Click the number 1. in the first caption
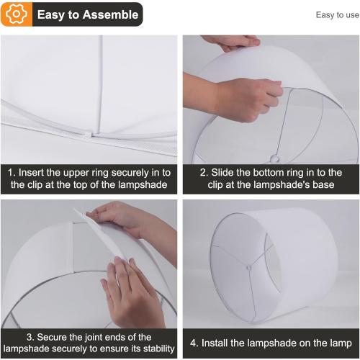[12, 173]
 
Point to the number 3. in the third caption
[31, 337]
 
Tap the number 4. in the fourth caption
[194, 343]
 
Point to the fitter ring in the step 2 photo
[274, 158]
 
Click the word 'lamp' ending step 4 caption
[338, 343]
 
